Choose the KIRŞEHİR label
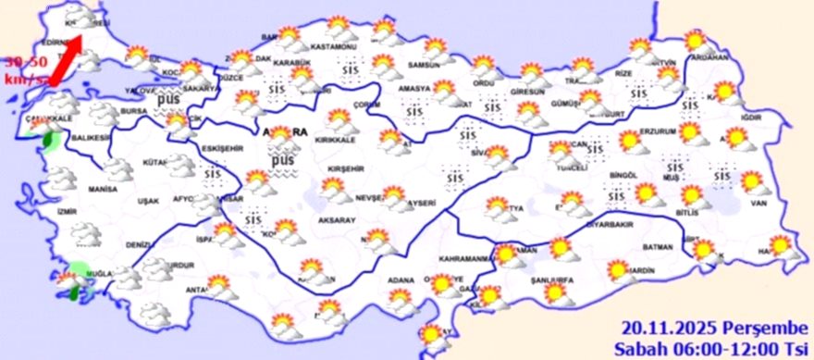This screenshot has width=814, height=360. (344, 169)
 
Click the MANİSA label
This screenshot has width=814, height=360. (102, 189)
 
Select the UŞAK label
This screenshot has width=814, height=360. (148, 201)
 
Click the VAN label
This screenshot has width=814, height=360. (759, 203)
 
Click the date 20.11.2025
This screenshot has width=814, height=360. (663, 328)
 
